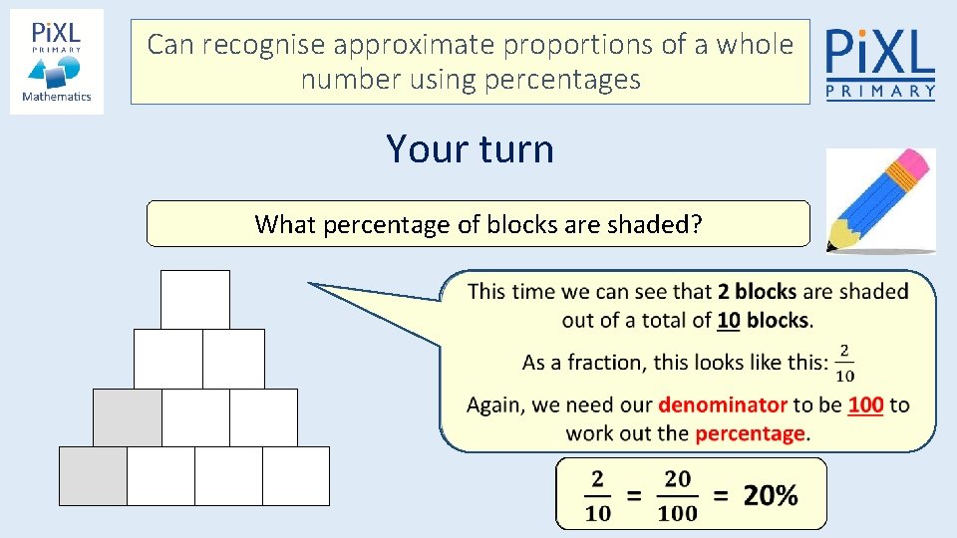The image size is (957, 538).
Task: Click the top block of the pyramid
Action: [x=195, y=299]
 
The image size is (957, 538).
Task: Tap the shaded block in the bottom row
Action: [x=93, y=476]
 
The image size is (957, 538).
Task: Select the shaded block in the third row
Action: [x=128, y=417]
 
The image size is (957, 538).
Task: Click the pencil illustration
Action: [x=880, y=200]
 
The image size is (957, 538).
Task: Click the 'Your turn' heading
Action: [x=470, y=149]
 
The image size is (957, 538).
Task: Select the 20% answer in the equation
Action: [x=771, y=495]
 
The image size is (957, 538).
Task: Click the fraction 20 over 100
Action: [x=678, y=495]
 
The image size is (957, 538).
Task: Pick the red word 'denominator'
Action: [x=723, y=405]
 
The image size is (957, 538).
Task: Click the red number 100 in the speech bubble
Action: [x=865, y=405]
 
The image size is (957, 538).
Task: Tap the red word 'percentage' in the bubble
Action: [x=750, y=433]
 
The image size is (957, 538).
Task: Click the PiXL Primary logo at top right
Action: [x=881, y=62]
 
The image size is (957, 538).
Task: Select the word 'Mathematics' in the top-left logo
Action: [x=57, y=97]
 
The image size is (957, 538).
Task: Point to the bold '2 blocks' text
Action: [x=757, y=292]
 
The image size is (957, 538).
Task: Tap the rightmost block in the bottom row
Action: [x=296, y=476]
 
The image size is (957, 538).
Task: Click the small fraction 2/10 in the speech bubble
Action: [x=844, y=363]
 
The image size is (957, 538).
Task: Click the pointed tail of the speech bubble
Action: [x=317, y=286]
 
